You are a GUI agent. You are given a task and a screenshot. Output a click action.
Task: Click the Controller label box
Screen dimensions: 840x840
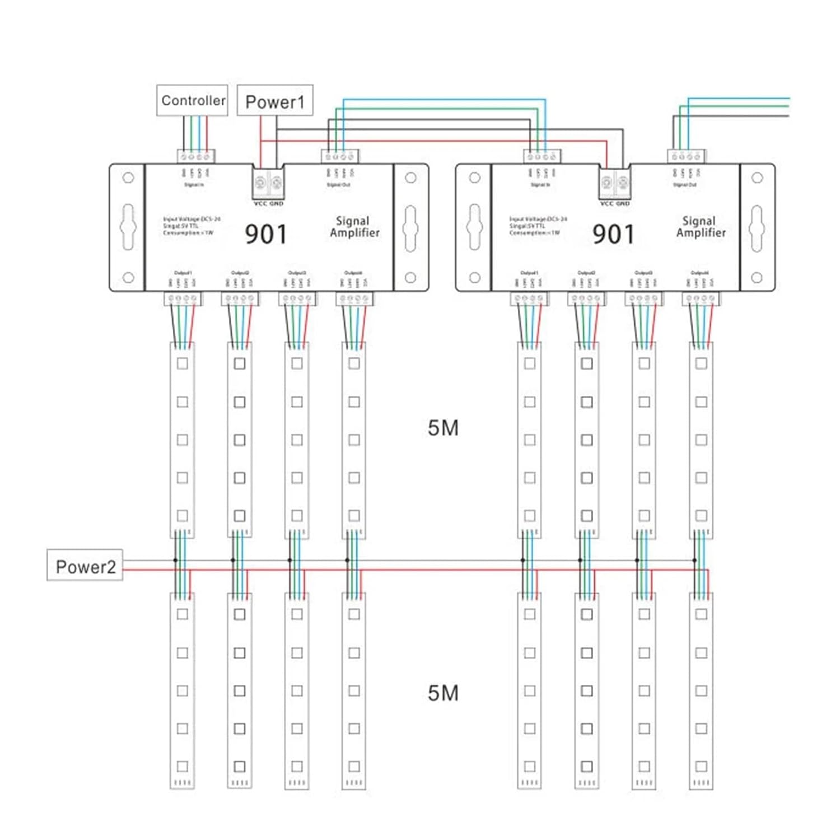(192, 100)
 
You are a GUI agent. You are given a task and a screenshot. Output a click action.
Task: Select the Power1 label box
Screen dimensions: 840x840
(274, 101)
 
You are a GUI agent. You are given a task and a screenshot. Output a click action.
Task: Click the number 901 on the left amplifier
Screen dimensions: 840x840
(266, 234)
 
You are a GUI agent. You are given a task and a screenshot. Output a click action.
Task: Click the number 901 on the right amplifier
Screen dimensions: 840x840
(613, 234)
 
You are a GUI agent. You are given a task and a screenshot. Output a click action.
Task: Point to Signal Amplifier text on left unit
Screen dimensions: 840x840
(354, 227)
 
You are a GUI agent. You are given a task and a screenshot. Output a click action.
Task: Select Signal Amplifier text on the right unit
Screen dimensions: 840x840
(700, 227)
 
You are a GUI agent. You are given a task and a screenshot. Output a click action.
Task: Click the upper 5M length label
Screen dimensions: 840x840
(443, 428)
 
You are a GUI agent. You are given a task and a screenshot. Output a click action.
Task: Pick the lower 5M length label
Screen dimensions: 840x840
(443, 693)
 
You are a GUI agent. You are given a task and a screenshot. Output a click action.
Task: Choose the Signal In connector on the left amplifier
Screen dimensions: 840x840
(196, 156)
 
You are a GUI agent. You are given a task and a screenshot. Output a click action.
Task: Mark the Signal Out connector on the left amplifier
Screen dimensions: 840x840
(340, 156)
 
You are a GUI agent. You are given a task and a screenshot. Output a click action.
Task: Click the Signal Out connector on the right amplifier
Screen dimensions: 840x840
(686, 156)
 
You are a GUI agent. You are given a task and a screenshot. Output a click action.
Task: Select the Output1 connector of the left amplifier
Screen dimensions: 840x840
(183, 299)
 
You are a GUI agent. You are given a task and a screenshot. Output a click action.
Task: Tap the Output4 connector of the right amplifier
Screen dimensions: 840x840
(701, 299)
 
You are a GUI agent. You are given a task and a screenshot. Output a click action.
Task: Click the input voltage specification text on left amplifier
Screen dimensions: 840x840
(191, 226)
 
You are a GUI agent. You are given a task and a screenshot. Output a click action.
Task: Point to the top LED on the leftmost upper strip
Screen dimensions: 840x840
(183, 363)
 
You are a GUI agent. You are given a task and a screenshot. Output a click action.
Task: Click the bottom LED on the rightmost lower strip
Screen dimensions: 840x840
(701, 766)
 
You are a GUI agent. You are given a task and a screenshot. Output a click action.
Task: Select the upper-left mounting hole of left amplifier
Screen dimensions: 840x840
(128, 178)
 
